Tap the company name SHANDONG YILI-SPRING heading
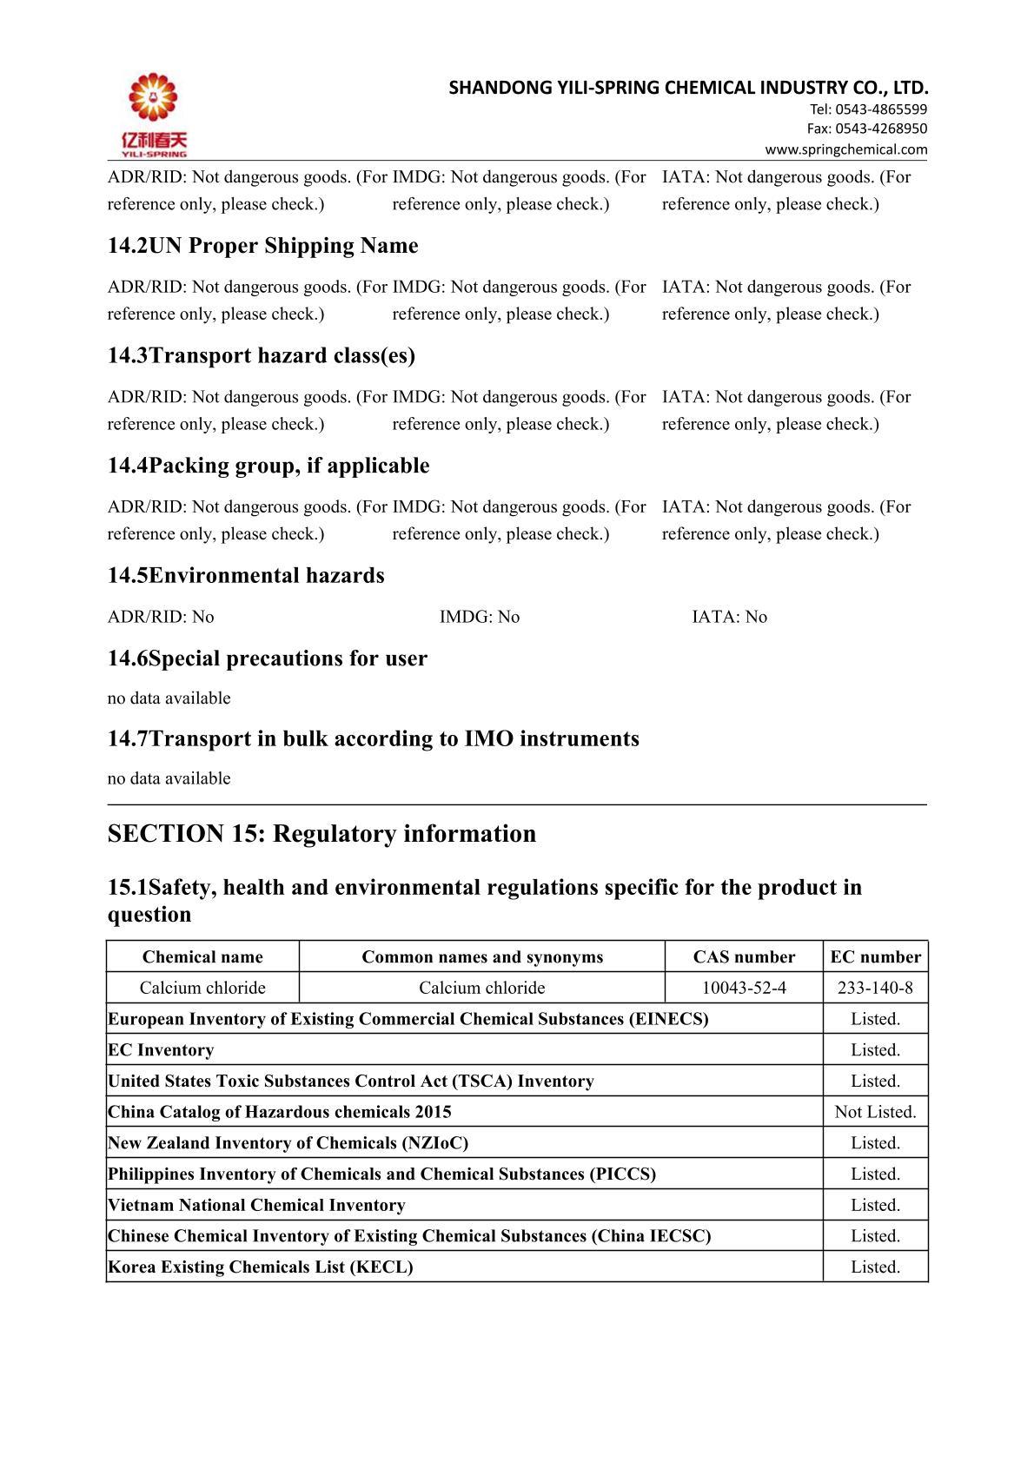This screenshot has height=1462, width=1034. pyautogui.click(x=688, y=88)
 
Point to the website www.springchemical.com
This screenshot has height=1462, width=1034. pyautogui.click(x=845, y=149)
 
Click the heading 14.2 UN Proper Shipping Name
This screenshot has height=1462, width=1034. pyautogui.click(x=262, y=246)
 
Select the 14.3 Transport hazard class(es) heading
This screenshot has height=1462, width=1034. pyautogui.click(x=261, y=355)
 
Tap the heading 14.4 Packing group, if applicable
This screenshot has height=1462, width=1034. pyautogui.click(x=268, y=466)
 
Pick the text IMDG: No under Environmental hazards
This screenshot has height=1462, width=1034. pyautogui.click(x=479, y=617)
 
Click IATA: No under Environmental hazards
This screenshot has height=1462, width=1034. pyautogui.click(x=729, y=617)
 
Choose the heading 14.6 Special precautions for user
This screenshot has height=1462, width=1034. pyautogui.click(x=267, y=658)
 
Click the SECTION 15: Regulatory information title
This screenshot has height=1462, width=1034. pyautogui.click(x=321, y=834)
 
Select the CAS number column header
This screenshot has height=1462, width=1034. pyautogui.click(x=744, y=957)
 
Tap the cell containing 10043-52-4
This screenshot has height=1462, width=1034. pyautogui.click(x=744, y=988)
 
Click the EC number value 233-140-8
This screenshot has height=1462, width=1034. pyautogui.click(x=875, y=988)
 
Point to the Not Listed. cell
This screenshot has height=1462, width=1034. pyautogui.click(x=875, y=1112)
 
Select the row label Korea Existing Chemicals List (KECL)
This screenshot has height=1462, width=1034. pyautogui.click(x=260, y=1267)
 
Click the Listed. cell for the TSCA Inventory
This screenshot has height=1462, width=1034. pyautogui.click(x=875, y=1081)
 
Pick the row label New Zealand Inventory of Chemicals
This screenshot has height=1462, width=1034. pyautogui.click(x=288, y=1143)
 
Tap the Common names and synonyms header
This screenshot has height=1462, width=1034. pyautogui.click(x=482, y=957)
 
